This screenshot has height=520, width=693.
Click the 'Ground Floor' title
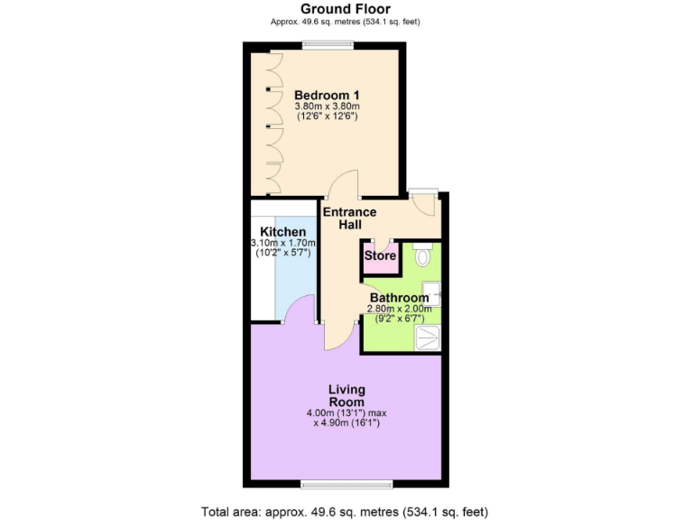point(346,9)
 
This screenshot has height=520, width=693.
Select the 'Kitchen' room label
point(283,232)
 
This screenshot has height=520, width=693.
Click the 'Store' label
point(380,256)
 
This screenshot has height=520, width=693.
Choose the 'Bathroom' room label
point(400,298)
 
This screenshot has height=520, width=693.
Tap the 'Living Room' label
point(346,395)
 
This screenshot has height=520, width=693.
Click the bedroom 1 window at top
point(328,45)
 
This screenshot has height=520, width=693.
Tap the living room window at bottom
point(346,484)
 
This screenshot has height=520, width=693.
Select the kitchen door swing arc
point(299,311)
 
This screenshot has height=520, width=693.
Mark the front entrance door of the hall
point(423,203)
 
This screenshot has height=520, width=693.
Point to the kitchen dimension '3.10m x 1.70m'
point(283,243)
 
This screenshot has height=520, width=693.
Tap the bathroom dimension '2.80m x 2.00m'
point(400,309)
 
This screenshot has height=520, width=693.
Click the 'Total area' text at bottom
point(346,511)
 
